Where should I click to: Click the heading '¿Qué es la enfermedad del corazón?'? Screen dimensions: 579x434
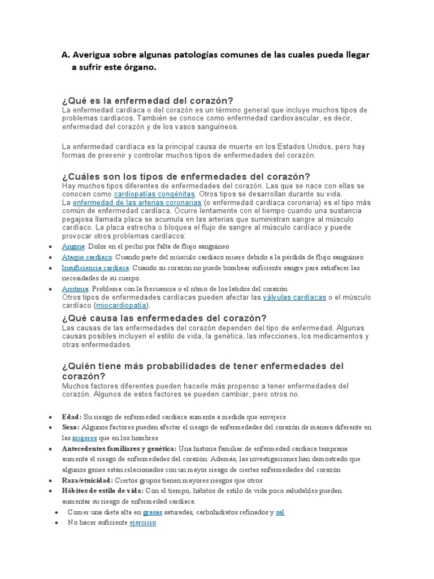(x=148, y=100)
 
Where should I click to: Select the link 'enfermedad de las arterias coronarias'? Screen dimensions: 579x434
(x=137, y=202)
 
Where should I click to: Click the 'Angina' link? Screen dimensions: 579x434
(x=73, y=247)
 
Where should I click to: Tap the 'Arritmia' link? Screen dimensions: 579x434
(x=75, y=288)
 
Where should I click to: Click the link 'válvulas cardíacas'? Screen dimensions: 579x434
(x=294, y=297)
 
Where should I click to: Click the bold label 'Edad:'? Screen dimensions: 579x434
(x=72, y=416)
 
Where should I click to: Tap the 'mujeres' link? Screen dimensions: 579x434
(x=84, y=438)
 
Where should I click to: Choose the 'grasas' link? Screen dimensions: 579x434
(x=153, y=512)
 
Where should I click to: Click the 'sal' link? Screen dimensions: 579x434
(x=280, y=512)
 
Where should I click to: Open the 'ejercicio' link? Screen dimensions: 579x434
(x=142, y=523)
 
